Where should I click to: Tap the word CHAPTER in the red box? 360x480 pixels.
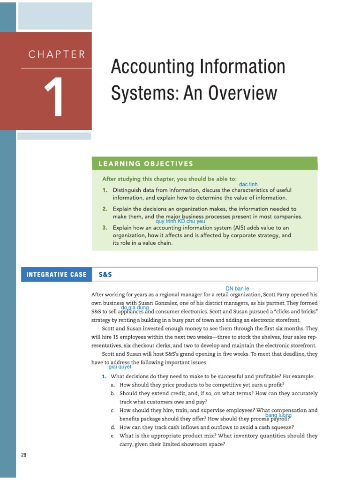pos(57,54)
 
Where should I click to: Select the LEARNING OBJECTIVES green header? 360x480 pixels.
pos(146,164)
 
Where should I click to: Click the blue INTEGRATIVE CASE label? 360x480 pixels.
pos(56,274)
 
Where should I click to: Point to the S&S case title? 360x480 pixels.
pos(105,274)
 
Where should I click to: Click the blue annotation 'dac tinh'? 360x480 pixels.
pos(248,185)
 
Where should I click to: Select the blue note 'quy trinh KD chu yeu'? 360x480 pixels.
pos(180,221)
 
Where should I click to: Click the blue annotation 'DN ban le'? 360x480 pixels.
pos(237,288)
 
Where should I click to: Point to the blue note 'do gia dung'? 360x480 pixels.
pos(135,307)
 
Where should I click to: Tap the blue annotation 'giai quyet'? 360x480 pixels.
pos(120,367)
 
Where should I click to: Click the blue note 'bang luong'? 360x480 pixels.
pos(278,415)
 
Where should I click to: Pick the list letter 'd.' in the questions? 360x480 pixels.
pos(113,427)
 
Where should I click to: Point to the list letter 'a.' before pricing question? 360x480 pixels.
pos(113,385)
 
